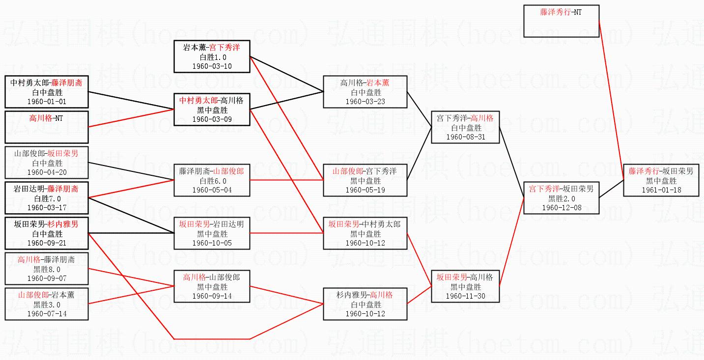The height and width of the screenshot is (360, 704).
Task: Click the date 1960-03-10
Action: click(x=212, y=66)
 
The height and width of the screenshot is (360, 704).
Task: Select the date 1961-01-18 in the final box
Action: click(x=661, y=190)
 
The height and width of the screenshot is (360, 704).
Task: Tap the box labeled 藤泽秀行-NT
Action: click(x=562, y=21)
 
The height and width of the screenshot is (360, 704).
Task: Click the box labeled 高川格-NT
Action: click(x=47, y=127)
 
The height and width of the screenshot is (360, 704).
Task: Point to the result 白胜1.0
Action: click(x=213, y=57)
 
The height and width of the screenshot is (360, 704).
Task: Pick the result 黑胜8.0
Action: click(x=47, y=270)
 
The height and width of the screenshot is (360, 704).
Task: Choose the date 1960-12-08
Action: click(x=562, y=208)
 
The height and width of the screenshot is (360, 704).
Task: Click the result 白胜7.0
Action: click(x=48, y=199)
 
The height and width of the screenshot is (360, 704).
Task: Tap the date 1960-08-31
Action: click(x=465, y=137)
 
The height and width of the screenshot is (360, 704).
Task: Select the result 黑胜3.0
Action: click(x=47, y=305)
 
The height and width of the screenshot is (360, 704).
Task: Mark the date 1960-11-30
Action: click(x=465, y=296)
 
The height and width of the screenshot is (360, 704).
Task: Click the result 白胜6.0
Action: click(x=213, y=181)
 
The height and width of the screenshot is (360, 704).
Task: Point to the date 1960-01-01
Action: click(x=47, y=102)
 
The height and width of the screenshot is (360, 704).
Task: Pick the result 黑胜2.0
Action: click(x=562, y=199)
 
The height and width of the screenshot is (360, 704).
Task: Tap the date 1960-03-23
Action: click(x=365, y=102)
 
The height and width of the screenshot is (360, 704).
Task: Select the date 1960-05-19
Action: click(x=365, y=190)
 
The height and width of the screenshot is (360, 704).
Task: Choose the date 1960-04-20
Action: click(x=47, y=172)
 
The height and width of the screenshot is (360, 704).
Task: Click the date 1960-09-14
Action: click(x=212, y=296)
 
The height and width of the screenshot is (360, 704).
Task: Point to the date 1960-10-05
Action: click(x=212, y=243)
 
